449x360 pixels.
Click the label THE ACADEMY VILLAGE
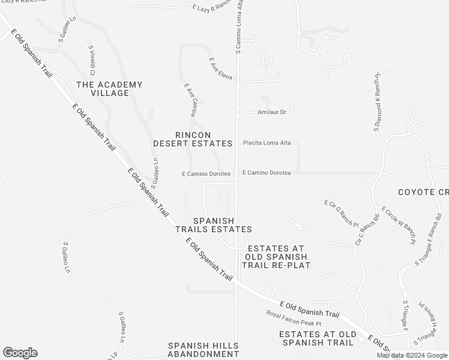(109, 89)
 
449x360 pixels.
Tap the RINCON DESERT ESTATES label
(193, 139)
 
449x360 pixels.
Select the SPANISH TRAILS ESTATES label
(213, 225)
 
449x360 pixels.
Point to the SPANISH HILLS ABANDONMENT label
(203, 350)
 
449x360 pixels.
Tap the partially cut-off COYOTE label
(423, 192)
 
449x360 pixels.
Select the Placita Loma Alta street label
(267, 143)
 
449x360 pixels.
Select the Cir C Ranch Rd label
(368, 230)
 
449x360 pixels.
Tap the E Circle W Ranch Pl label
(399, 226)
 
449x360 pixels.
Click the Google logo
(20, 353)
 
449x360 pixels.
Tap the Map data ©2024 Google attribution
(411, 355)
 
